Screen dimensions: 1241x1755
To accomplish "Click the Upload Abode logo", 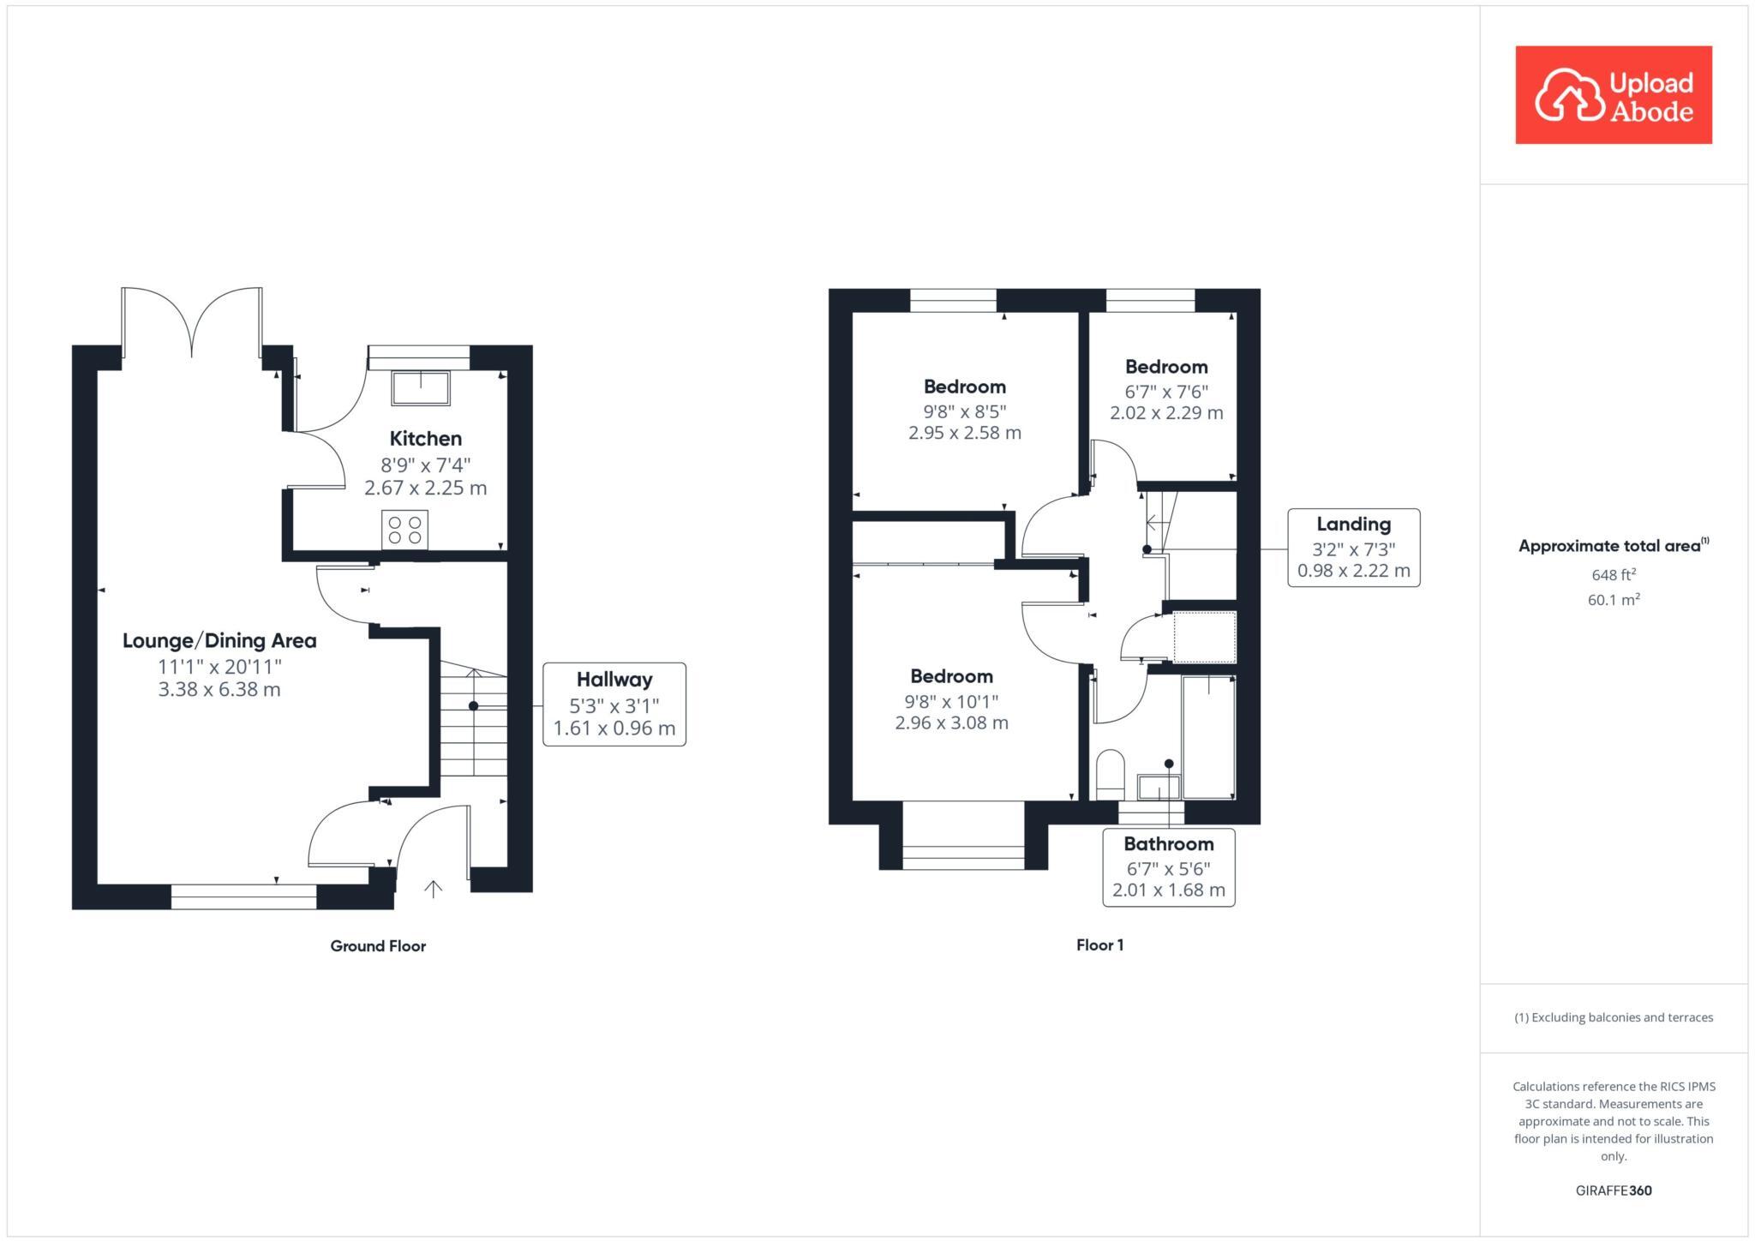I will (1613, 95).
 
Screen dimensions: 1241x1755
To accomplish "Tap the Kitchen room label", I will (425, 439).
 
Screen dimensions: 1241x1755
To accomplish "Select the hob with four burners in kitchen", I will (404, 530).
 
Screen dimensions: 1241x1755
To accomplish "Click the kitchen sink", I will (420, 387).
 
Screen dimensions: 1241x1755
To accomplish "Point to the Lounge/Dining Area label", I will (219, 640).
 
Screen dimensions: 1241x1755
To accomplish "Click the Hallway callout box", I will (614, 704).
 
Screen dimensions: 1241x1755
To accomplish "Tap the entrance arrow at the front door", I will (433, 889).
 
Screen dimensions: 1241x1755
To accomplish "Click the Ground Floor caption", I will (378, 946).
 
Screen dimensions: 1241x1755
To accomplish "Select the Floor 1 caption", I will (1099, 945).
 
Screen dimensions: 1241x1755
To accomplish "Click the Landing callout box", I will (1353, 548).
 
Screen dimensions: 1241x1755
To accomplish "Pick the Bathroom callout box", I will (1168, 867).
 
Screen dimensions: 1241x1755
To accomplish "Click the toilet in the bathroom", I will (1111, 773).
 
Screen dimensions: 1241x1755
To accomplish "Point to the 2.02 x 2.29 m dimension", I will (1166, 413).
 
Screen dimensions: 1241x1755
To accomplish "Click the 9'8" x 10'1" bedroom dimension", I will (951, 702).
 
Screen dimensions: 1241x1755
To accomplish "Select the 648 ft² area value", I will (1613, 574).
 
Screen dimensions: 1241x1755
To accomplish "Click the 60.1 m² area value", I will (1613, 600).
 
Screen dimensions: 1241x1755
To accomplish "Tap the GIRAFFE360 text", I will (1613, 1190).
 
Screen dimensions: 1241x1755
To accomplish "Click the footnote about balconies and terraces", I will (1613, 1018).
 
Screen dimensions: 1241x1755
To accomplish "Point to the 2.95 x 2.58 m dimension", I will (965, 434).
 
